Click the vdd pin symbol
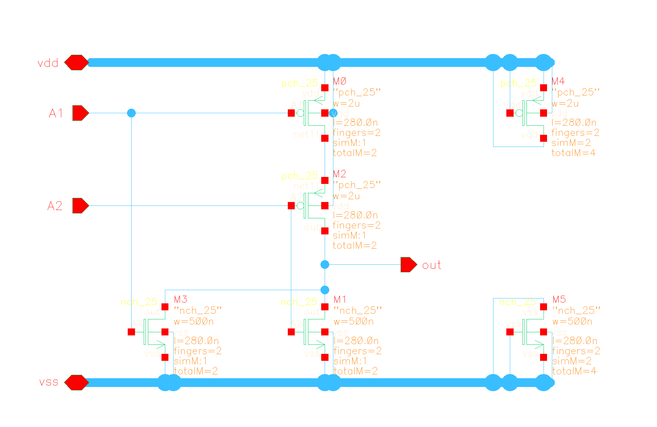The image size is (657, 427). click(x=77, y=63)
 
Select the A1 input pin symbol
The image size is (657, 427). click(x=80, y=113)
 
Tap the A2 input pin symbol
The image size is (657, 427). click(x=80, y=206)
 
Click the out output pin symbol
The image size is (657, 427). click(x=409, y=265)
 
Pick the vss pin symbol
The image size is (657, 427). click(x=77, y=383)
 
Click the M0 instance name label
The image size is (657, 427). click(x=340, y=81)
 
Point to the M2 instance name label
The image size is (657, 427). click(x=340, y=174)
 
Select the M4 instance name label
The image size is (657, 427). click(x=558, y=81)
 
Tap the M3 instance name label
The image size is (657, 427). click(x=181, y=300)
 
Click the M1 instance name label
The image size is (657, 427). click(x=340, y=300)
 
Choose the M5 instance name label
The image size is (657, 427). click(x=559, y=300)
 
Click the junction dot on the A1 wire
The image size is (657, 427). click(x=131, y=113)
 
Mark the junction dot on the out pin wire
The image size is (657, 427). click(x=325, y=265)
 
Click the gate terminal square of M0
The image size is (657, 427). click(x=291, y=113)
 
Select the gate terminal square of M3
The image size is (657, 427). click(x=131, y=332)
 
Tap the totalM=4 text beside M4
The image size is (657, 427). click(x=573, y=153)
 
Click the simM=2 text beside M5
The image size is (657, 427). click(x=571, y=361)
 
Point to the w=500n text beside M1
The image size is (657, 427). click(x=354, y=321)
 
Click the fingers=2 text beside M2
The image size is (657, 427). click(x=356, y=225)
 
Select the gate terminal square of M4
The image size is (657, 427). click(x=510, y=113)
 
